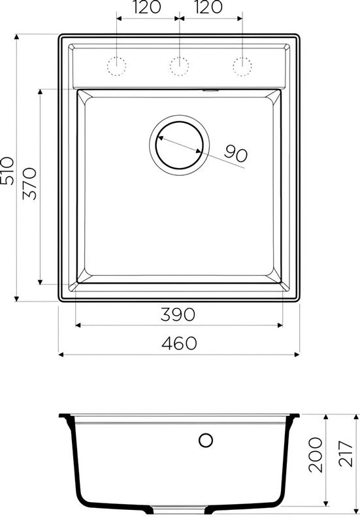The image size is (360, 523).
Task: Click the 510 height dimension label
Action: [7, 171]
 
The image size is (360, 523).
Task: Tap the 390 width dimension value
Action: [178, 314]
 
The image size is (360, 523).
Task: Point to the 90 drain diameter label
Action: [235, 154]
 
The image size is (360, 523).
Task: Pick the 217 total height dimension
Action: [348, 456]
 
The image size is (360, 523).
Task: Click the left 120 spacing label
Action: [147, 8]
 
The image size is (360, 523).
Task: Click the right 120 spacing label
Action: [210, 8]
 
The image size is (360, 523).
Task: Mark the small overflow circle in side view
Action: [206, 440]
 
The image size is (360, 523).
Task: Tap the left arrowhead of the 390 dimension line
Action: [77, 324]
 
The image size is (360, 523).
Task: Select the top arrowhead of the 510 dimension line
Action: [18, 35]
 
